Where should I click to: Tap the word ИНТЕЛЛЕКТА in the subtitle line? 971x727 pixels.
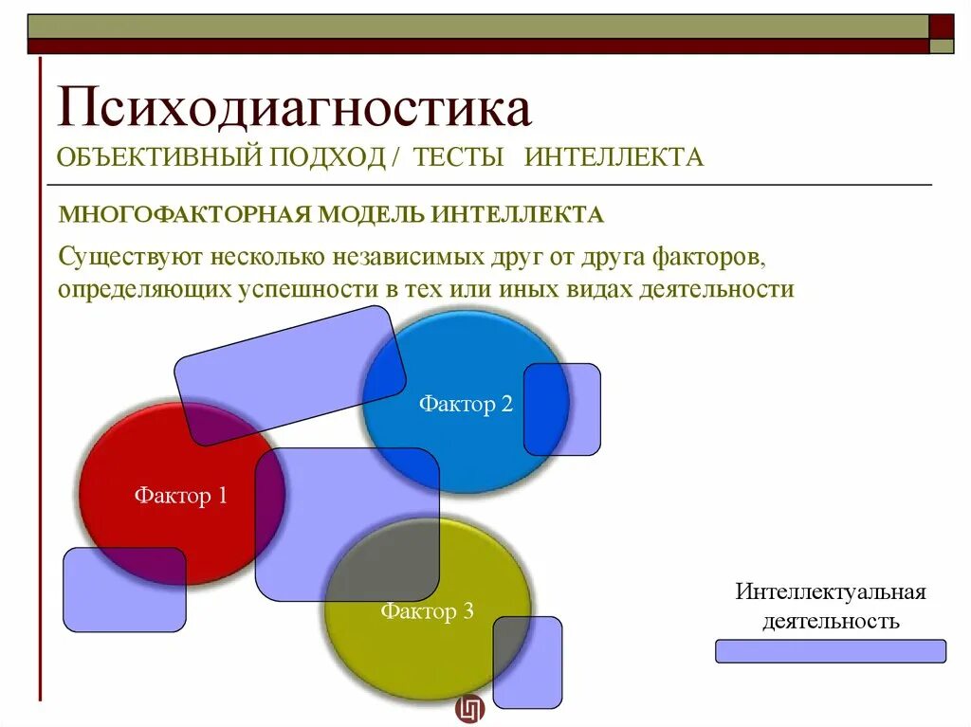pos(614,157)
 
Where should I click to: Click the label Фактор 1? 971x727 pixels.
pos(180,495)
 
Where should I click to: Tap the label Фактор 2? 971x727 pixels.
pos(466,405)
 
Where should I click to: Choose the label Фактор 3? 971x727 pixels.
pos(427,611)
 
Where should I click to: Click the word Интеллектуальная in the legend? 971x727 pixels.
pos(830,592)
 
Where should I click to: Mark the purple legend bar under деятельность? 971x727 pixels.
pos(830,651)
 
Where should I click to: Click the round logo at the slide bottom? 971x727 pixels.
pos(469,709)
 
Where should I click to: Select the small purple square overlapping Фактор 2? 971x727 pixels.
pos(562,409)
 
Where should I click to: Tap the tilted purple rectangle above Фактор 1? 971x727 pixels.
pos(290,375)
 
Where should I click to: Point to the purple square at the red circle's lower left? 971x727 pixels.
pos(124,590)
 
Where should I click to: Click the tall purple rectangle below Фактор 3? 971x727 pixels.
pos(527,663)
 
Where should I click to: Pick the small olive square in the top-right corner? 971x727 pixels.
pos(942,45)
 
